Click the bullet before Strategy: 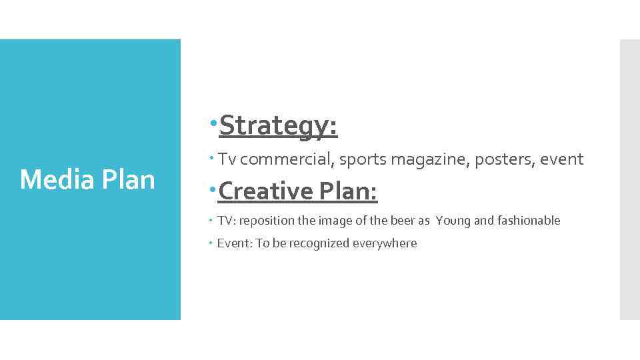pyautogui.click(x=212, y=124)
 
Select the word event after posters pyautogui.click(x=562, y=159)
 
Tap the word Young pyautogui.click(x=453, y=221)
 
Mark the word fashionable pyautogui.click(x=529, y=221)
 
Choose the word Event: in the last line pyautogui.click(x=235, y=243)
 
